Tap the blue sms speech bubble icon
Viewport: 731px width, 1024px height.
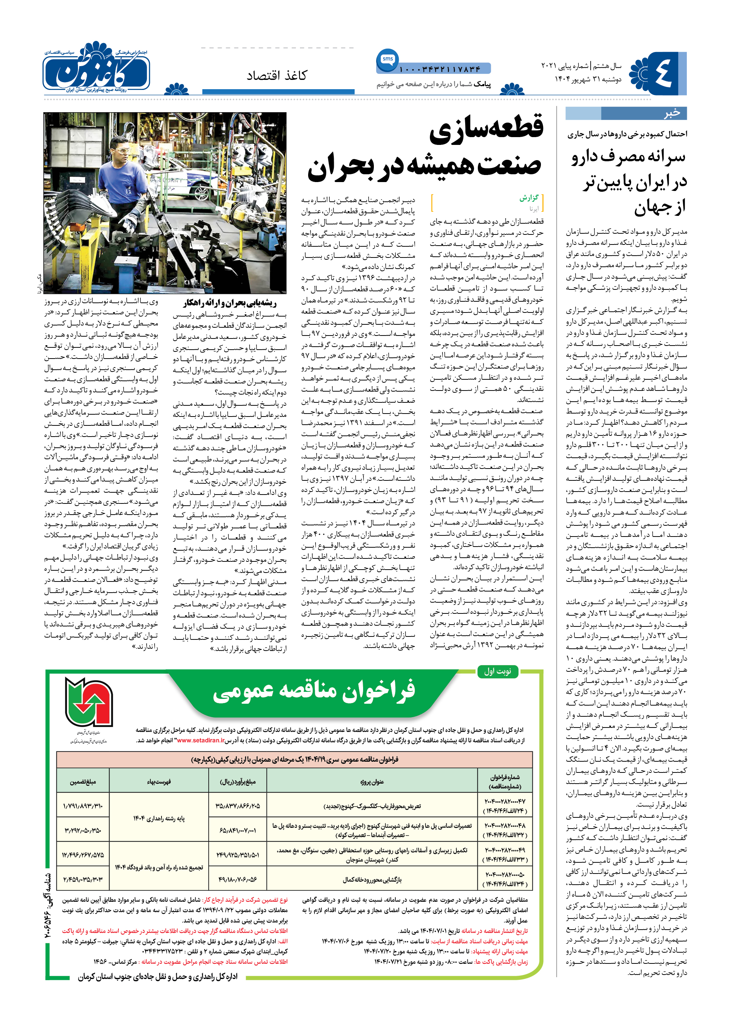[x=387, y=60]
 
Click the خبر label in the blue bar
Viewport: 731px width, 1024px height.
[x=672, y=113]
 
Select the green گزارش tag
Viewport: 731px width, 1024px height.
[x=529, y=198]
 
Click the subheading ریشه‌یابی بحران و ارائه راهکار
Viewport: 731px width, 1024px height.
[x=229, y=303]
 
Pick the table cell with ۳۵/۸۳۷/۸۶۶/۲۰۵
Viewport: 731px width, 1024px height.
[x=237, y=806]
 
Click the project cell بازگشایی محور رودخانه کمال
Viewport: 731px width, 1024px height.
[x=372, y=879]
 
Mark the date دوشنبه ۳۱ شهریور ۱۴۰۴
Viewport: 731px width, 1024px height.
[x=588, y=79]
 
